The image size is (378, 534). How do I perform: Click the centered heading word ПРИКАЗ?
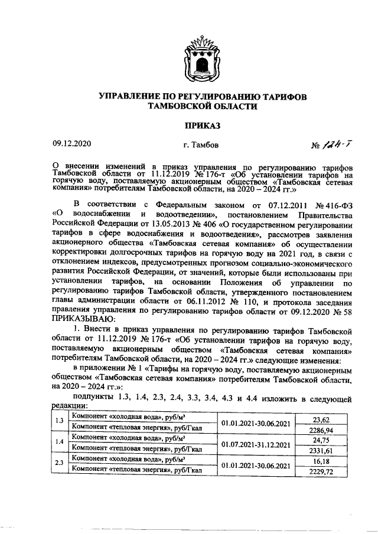[x=203, y=125]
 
